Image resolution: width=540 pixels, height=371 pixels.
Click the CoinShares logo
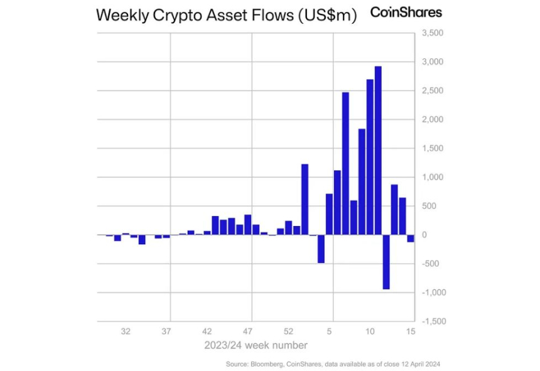406,13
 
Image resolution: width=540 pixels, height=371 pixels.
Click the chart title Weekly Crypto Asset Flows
226,16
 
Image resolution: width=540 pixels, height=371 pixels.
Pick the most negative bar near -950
386,262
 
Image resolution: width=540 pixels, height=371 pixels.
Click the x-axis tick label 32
126,331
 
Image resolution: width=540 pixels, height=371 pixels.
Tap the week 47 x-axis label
248,331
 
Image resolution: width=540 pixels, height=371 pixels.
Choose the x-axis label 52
289,331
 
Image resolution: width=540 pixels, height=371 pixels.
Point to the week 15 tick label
411,331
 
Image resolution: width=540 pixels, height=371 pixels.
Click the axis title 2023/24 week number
256,345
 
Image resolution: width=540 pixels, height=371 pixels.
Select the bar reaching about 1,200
305,199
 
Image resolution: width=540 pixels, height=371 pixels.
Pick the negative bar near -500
321,249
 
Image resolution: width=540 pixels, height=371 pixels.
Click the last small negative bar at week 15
411,239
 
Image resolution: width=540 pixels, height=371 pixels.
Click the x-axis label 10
370,331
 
